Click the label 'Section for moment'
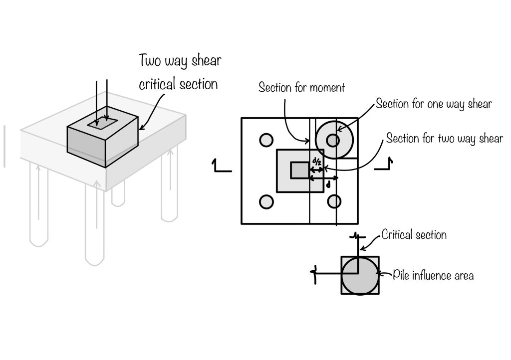pos(301,88)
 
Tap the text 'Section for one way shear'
pos(434,104)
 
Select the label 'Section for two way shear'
pos(444,138)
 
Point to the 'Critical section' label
pos(414,234)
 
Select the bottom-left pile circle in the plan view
pos(266,201)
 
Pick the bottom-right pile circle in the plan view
pos(333,201)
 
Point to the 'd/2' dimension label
pos(316,162)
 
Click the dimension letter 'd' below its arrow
pos(327,184)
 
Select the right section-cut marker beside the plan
pos(384,164)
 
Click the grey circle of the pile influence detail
pos(360,275)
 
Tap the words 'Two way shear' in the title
pos(180,61)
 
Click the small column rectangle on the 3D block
pos(102,122)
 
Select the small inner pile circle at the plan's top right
pos(333,140)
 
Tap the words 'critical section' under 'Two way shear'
pos(178,84)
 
